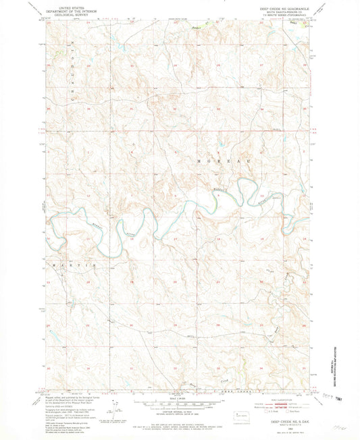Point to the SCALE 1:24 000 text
[x=178, y=398]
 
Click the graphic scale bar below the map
[x=178, y=404]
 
